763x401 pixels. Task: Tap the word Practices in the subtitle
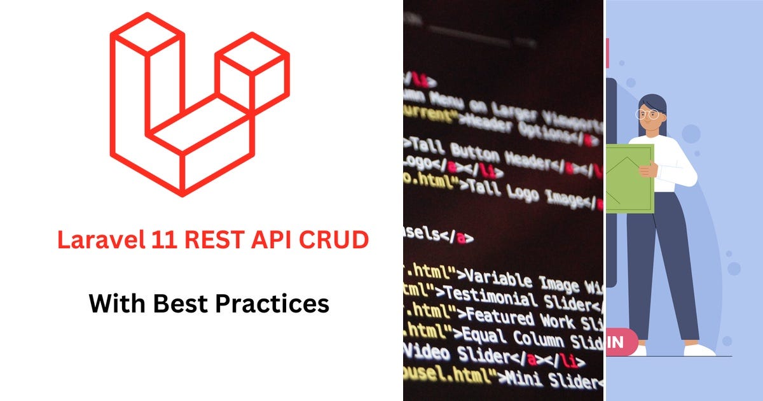pos(272,303)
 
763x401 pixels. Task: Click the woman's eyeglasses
pos(648,115)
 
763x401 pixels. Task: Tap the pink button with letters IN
pos(621,342)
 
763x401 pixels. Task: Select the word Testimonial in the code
pos(502,297)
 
